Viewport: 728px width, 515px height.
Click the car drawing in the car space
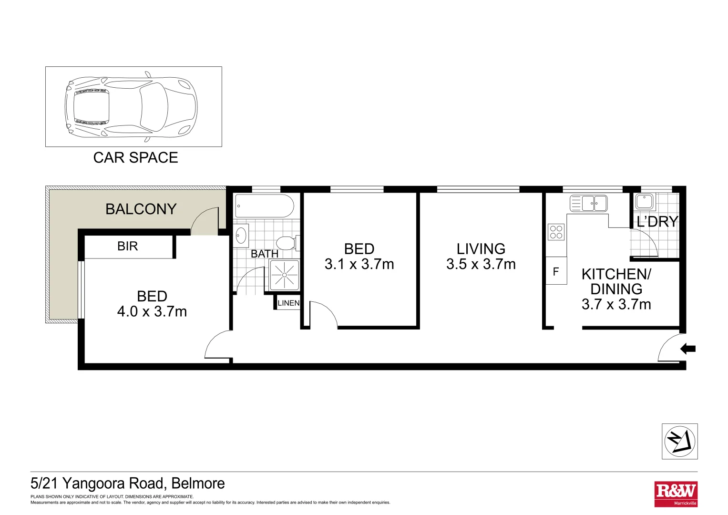point(131,107)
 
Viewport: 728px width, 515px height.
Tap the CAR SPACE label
point(135,158)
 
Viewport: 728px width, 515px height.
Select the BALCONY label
point(141,209)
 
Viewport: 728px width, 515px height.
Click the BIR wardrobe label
point(127,246)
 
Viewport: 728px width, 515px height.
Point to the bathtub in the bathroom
point(264,206)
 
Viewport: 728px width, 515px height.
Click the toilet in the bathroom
point(287,243)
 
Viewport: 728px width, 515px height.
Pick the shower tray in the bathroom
point(284,275)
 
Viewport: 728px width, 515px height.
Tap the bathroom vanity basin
point(241,235)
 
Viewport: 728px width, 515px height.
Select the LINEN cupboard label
point(288,303)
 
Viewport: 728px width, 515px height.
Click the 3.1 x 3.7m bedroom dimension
point(359,264)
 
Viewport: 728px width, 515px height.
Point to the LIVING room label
point(481,248)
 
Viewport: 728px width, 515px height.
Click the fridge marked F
point(555,271)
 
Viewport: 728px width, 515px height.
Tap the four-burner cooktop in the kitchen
point(556,232)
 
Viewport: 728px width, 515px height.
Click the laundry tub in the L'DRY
point(645,202)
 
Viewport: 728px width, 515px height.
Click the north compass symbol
point(679,442)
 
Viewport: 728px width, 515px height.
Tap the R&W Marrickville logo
point(676,494)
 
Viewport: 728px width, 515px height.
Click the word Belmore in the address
point(198,484)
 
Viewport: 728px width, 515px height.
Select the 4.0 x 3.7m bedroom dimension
point(152,311)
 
